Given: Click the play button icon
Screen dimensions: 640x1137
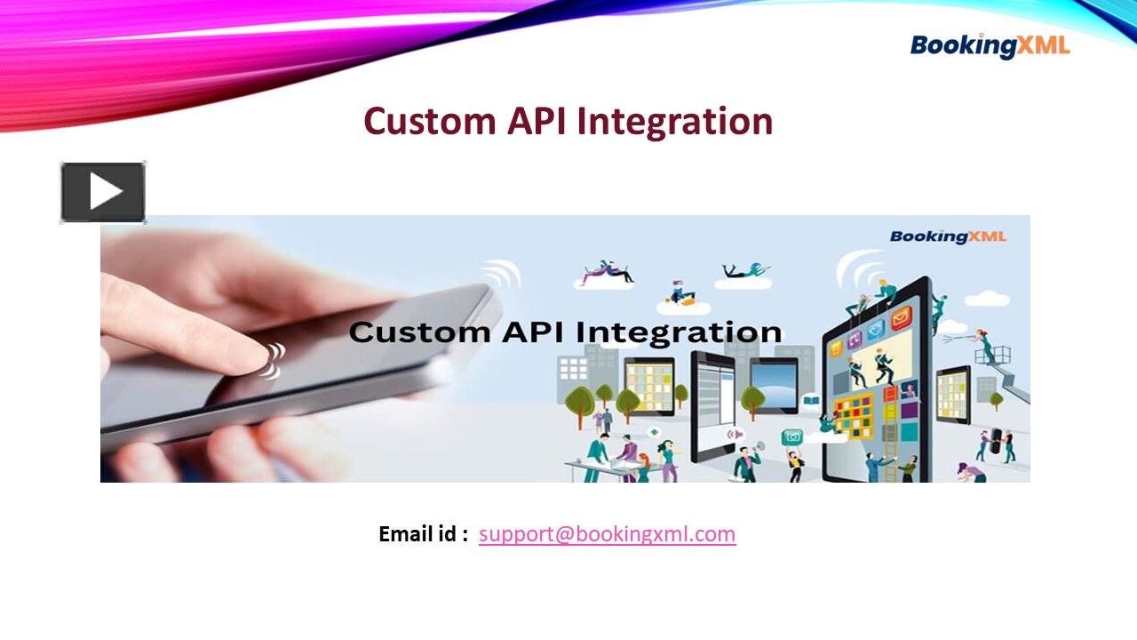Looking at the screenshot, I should (x=103, y=192).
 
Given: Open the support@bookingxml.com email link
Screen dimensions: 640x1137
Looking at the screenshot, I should (x=607, y=534).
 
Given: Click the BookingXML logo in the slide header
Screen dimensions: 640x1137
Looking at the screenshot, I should (x=990, y=45).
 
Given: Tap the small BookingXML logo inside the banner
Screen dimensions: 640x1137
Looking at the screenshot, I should (x=947, y=236).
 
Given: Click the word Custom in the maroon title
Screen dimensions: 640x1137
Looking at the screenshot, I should (x=429, y=121).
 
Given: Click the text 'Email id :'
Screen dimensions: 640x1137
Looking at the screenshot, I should (x=423, y=534).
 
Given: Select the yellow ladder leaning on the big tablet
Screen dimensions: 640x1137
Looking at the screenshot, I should (x=889, y=444).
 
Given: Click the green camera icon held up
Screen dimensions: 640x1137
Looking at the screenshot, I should (x=791, y=436).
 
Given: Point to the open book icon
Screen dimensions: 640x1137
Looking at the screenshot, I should (x=810, y=402).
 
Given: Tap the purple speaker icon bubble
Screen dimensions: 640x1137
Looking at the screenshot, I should (x=734, y=434).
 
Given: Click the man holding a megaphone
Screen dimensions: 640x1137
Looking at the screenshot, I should (x=746, y=462).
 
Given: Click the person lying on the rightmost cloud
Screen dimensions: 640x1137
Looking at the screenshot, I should (x=744, y=268).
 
